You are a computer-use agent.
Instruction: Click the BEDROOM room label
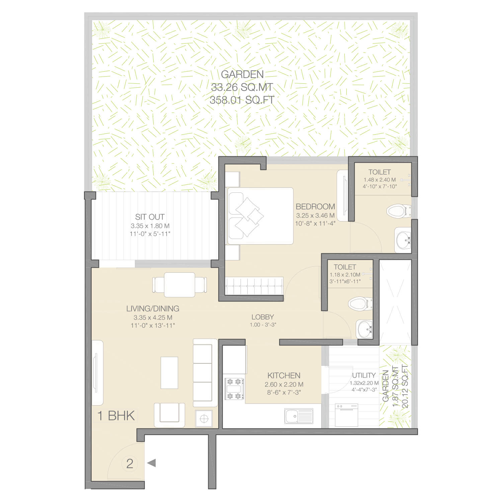tap(315, 206)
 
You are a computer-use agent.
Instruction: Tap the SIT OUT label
tap(150, 217)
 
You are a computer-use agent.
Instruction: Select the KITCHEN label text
tap(284, 375)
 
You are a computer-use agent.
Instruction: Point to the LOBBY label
tap(263, 317)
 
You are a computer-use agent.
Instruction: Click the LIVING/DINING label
tap(153, 309)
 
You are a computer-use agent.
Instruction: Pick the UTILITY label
tap(364, 375)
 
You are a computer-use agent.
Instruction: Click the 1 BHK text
tap(116, 416)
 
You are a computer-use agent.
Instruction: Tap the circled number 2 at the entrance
tap(130, 463)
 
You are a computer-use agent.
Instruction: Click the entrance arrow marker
tap(151, 463)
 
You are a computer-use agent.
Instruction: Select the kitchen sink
tap(299, 416)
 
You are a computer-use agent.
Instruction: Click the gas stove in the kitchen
tap(234, 389)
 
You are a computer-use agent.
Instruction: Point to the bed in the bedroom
tap(260, 216)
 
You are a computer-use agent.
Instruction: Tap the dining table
tap(179, 285)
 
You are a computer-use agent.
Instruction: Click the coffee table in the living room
tap(169, 372)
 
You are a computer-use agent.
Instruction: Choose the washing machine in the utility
tap(346, 415)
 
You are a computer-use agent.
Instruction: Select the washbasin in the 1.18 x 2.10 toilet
tap(364, 329)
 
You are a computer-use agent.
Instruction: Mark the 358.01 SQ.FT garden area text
tap(242, 100)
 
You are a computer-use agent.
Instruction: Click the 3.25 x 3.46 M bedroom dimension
tap(315, 216)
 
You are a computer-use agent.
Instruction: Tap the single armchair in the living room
tap(169, 415)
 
